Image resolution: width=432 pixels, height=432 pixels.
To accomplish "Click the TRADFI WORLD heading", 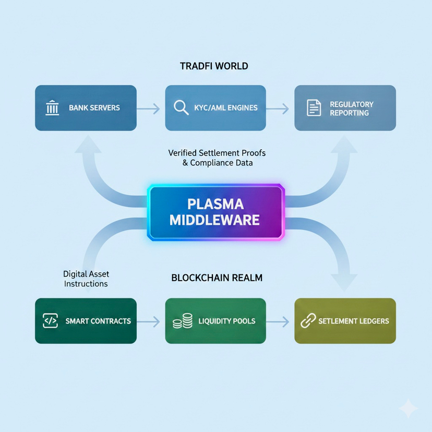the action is pyautogui.click(x=214, y=66).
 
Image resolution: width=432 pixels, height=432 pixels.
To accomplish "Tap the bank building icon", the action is pyautogui.click(x=52, y=107).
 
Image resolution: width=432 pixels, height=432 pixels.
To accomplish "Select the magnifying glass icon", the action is pyautogui.click(x=181, y=107).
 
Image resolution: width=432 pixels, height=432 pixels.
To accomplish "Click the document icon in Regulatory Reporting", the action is pyautogui.click(x=314, y=107).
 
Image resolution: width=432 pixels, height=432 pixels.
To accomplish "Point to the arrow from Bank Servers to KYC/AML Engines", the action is pyautogui.click(x=148, y=109).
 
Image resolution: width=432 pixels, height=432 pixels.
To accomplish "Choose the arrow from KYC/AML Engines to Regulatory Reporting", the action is pyautogui.click(x=278, y=109).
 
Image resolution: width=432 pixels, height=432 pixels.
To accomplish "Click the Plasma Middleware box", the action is pyautogui.click(x=215, y=212).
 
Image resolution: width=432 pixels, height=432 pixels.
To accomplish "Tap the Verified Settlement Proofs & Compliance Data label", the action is pyautogui.click(x=217, y=158).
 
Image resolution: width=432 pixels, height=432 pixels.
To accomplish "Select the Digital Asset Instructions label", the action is pyautogui.click(x=86, y=279).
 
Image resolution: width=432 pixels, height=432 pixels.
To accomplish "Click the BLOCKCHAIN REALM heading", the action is pyautogui.click(x=217, y=278).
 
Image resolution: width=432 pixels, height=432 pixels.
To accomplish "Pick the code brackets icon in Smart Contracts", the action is pyautogui.click(x=51, y=321).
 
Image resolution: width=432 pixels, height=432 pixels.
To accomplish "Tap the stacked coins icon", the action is pyautogui.click(x=183, y=321).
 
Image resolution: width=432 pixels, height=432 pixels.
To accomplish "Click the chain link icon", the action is pyautogui.click(x=308, y=321).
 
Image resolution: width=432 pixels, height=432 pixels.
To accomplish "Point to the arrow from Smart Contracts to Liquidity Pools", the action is pyautogui.click(x=148, y=321).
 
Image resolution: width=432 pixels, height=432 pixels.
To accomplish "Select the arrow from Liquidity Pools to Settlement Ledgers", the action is pyautogui.click(x=278, y=321).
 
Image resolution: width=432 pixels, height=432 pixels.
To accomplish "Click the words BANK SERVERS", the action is pyautogui.click(x=94, y=107).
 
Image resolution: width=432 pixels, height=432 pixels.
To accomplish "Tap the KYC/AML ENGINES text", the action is pyautogui.click(x=226, y=107).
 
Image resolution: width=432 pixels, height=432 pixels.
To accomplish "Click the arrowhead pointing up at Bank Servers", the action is pyautogui.click(x=88, y=144).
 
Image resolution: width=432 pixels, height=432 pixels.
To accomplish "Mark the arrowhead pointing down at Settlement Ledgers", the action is pyautogui.click(x=344, y=283).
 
